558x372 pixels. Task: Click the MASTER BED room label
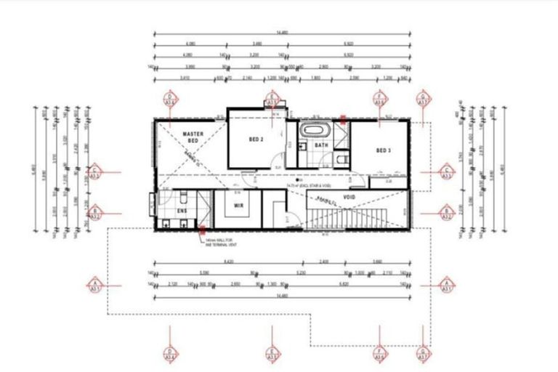click(x=193, y=138)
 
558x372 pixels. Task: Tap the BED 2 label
click(x=256, y=139)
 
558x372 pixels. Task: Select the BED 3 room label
click(x=384, y=150)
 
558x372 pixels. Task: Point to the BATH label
click(x=321, y=145)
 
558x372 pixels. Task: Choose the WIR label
click(x=238, y=206)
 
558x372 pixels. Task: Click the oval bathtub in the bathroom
click(x=316, y=132)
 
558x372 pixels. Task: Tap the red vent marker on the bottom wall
click(x=202, y=231)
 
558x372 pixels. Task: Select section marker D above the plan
click(x=171, y=99)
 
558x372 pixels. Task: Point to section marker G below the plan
click(x=423, y=354)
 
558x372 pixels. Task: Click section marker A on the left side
click(x=94, y=284)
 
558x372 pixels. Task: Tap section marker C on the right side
click(x=448, y=172)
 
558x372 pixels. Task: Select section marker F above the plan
click(x=379, y=99)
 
